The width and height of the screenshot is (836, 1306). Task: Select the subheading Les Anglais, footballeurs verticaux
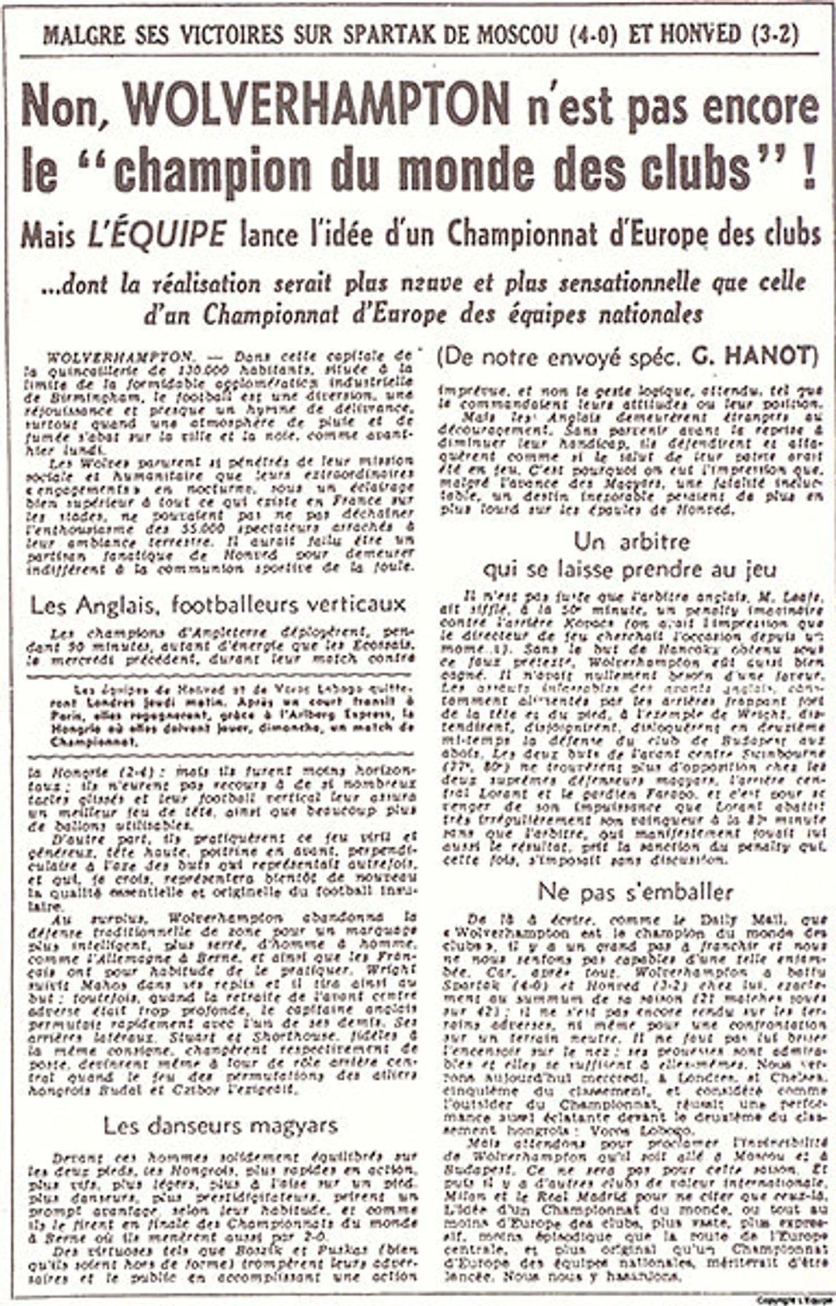pos(218,605)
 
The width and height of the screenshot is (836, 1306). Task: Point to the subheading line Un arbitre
pos(632,542)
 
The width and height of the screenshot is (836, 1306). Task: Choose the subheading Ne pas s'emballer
pos(635,892)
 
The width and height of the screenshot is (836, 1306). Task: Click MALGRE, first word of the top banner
pos(84,35)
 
